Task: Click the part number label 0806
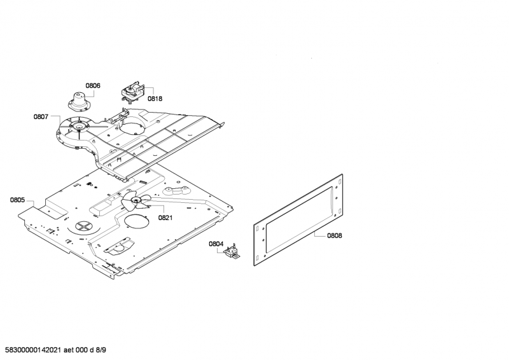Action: pos(93,86)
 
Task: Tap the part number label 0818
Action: pos(155,99)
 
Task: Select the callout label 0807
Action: pos(41,116)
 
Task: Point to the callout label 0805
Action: pos(17,200)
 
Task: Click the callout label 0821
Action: pos(165,218)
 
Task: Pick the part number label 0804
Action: pos(216,244)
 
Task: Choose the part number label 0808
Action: pos(335,236)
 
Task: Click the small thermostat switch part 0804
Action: pos(232,252)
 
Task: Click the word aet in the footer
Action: pos(69,350)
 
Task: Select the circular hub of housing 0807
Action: pos(79,126)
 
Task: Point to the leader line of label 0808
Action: pos(320,235)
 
